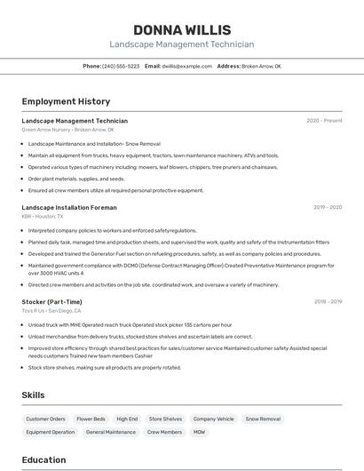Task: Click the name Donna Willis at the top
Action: tap(181, 29)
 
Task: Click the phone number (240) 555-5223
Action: tap(121, 67)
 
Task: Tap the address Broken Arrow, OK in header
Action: tap(261, 67)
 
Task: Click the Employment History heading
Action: tap(66, 101)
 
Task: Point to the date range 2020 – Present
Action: tap(324, 121)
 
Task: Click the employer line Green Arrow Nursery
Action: tap(67, 130)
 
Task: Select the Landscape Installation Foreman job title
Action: tap(69, 207)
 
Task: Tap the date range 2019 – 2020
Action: tap(327, 207)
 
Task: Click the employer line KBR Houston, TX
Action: tap(43, 216)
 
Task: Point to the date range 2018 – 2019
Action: tap(327, 302)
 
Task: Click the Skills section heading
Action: tap(34, 395)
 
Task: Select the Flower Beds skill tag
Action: tap(91, 419)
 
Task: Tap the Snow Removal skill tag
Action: tap(263, 419)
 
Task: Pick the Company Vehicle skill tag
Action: tap(214, 419)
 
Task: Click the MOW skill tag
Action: tap(200, 432)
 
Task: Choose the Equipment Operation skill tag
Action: tap(51, 432)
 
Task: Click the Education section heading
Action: tap(44, 459)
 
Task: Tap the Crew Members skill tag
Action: tap(164, 432)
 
